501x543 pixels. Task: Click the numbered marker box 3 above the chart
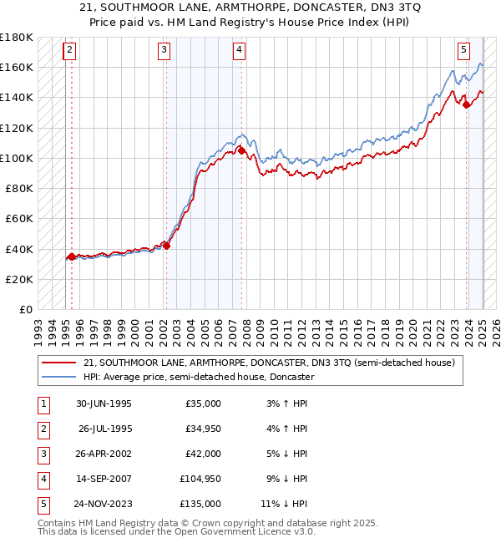tap(164, 50)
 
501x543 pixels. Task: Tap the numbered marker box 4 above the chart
tap(239, 50)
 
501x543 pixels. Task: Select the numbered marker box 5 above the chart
tap(463, 50)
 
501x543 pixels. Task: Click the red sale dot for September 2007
tap(240, 151)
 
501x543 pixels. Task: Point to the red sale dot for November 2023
tap(466, 104)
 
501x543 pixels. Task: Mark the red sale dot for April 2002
tap(166, 246)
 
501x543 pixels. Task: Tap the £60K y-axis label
tap(19, 218)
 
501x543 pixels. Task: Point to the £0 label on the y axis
tap(26, 309)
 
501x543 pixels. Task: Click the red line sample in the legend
tap(58, 363)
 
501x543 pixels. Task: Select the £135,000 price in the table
tap(201, 505)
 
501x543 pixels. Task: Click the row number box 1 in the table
tap(42, 404)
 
